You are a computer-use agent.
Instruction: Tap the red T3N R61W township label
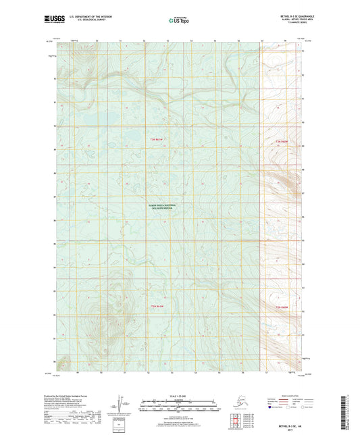click(157, 140)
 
